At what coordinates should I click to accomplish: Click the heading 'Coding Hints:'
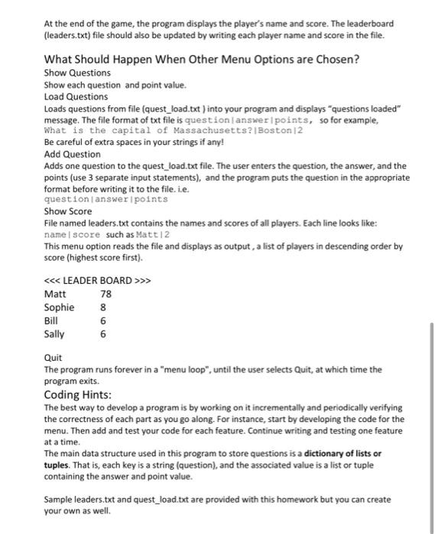78,394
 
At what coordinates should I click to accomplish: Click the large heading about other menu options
202,59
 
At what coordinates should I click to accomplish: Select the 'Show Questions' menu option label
77,72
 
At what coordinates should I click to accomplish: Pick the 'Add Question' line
73,154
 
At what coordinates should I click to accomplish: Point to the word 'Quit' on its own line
53,357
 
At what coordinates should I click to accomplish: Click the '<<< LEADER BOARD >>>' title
98,280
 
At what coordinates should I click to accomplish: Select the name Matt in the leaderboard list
55,294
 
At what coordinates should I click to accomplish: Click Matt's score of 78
105,294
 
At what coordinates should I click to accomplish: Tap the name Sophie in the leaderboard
60,307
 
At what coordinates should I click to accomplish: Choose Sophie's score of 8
102,307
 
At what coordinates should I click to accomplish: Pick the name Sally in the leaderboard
54,333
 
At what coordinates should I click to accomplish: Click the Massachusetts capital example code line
152,131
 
